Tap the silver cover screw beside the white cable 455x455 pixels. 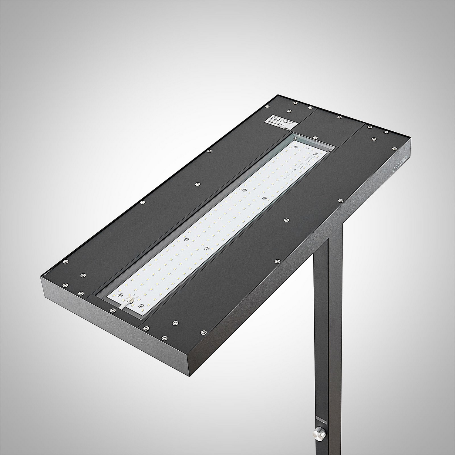[x=113, y=310]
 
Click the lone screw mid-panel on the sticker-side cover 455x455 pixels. [x=198, y=184]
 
